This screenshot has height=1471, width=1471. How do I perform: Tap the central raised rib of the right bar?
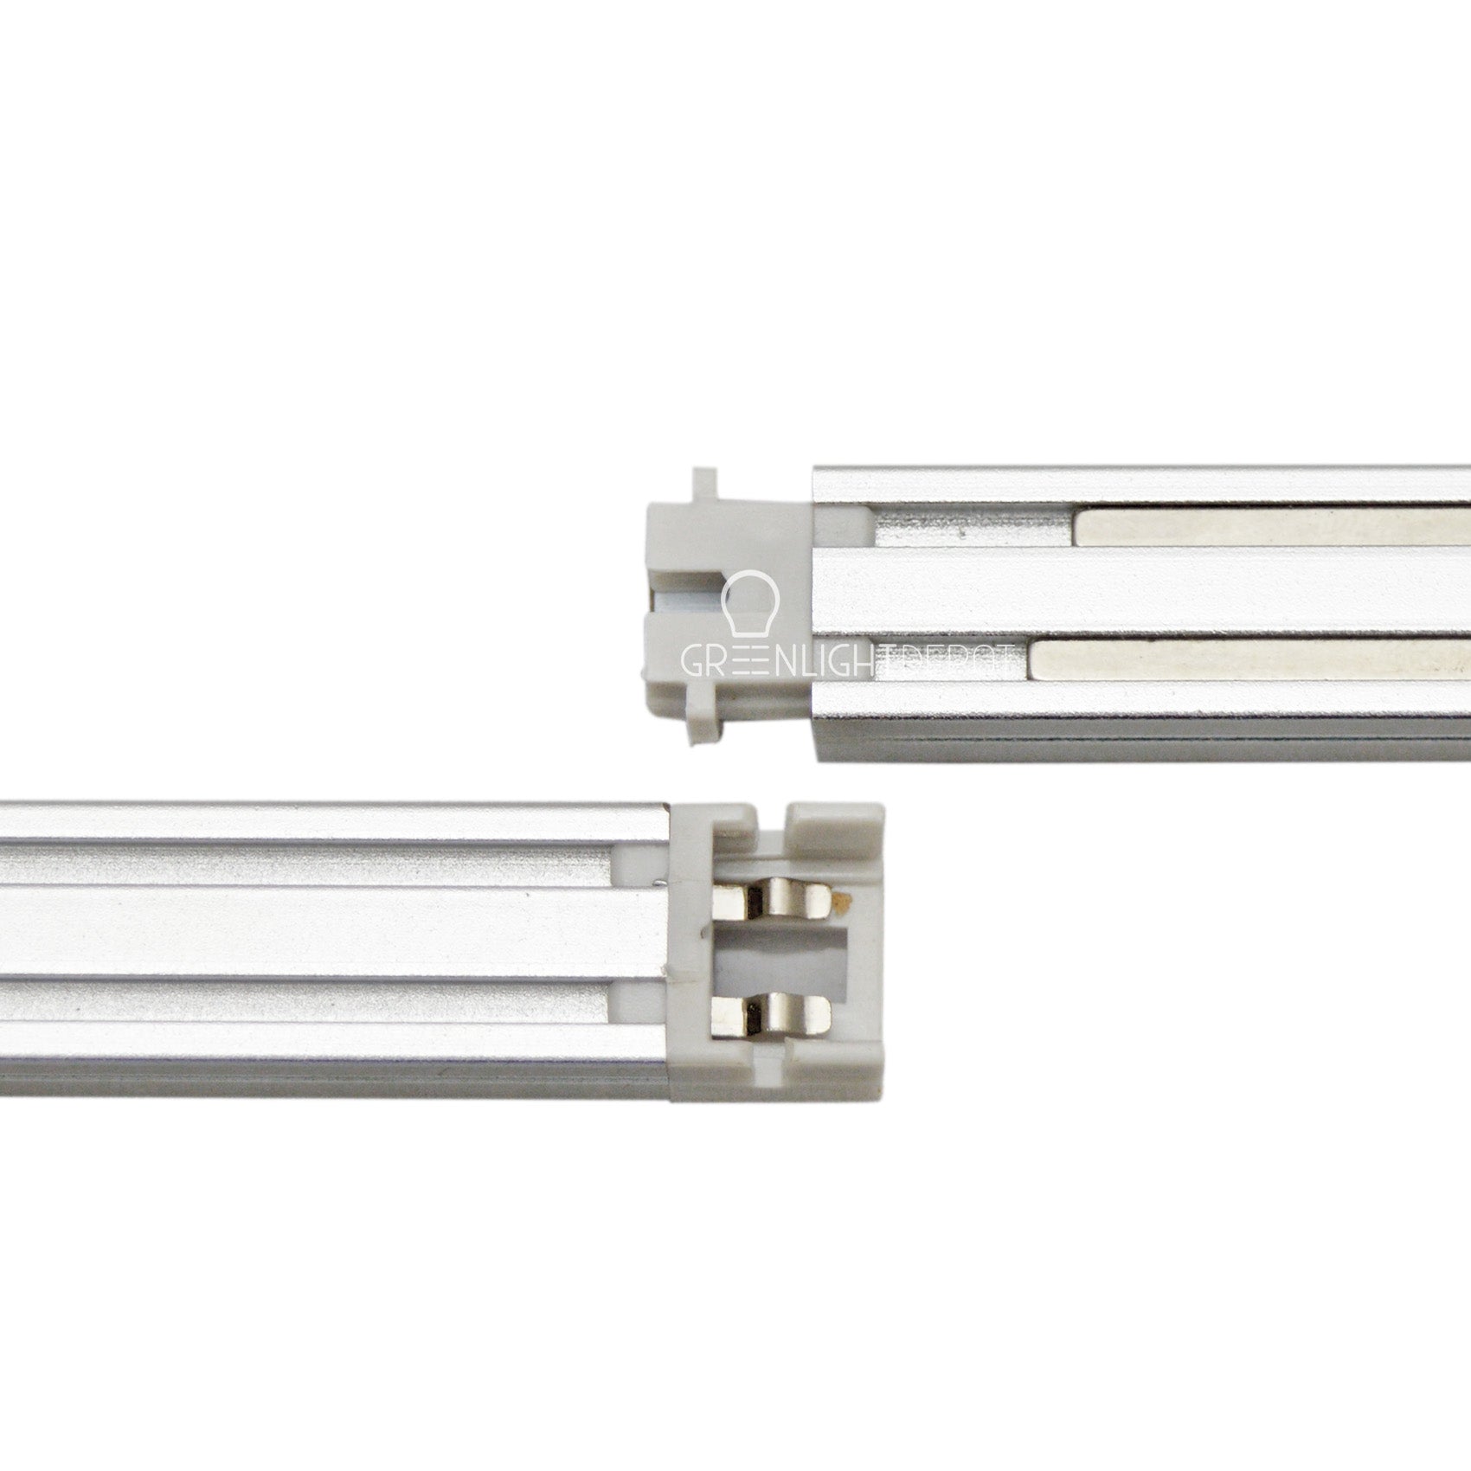click(1125, 595)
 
